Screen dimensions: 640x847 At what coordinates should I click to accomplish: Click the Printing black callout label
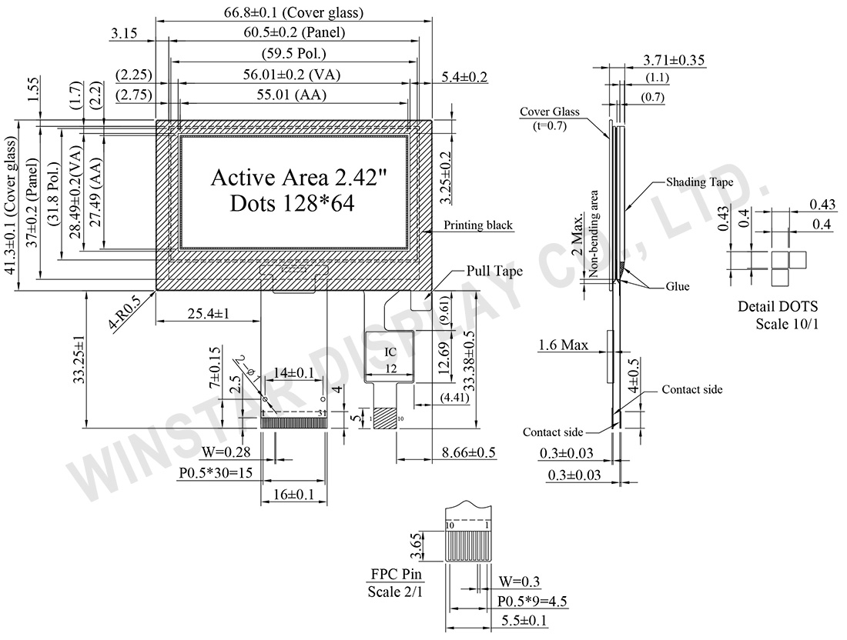(478, 225)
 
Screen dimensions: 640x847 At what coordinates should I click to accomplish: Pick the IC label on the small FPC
(390, 352)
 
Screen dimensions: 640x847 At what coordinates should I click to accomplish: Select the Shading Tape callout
(698, 183)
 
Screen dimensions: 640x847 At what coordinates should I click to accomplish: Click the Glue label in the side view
(678, 287)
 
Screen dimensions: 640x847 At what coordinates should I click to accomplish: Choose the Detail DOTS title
(777, 306)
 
